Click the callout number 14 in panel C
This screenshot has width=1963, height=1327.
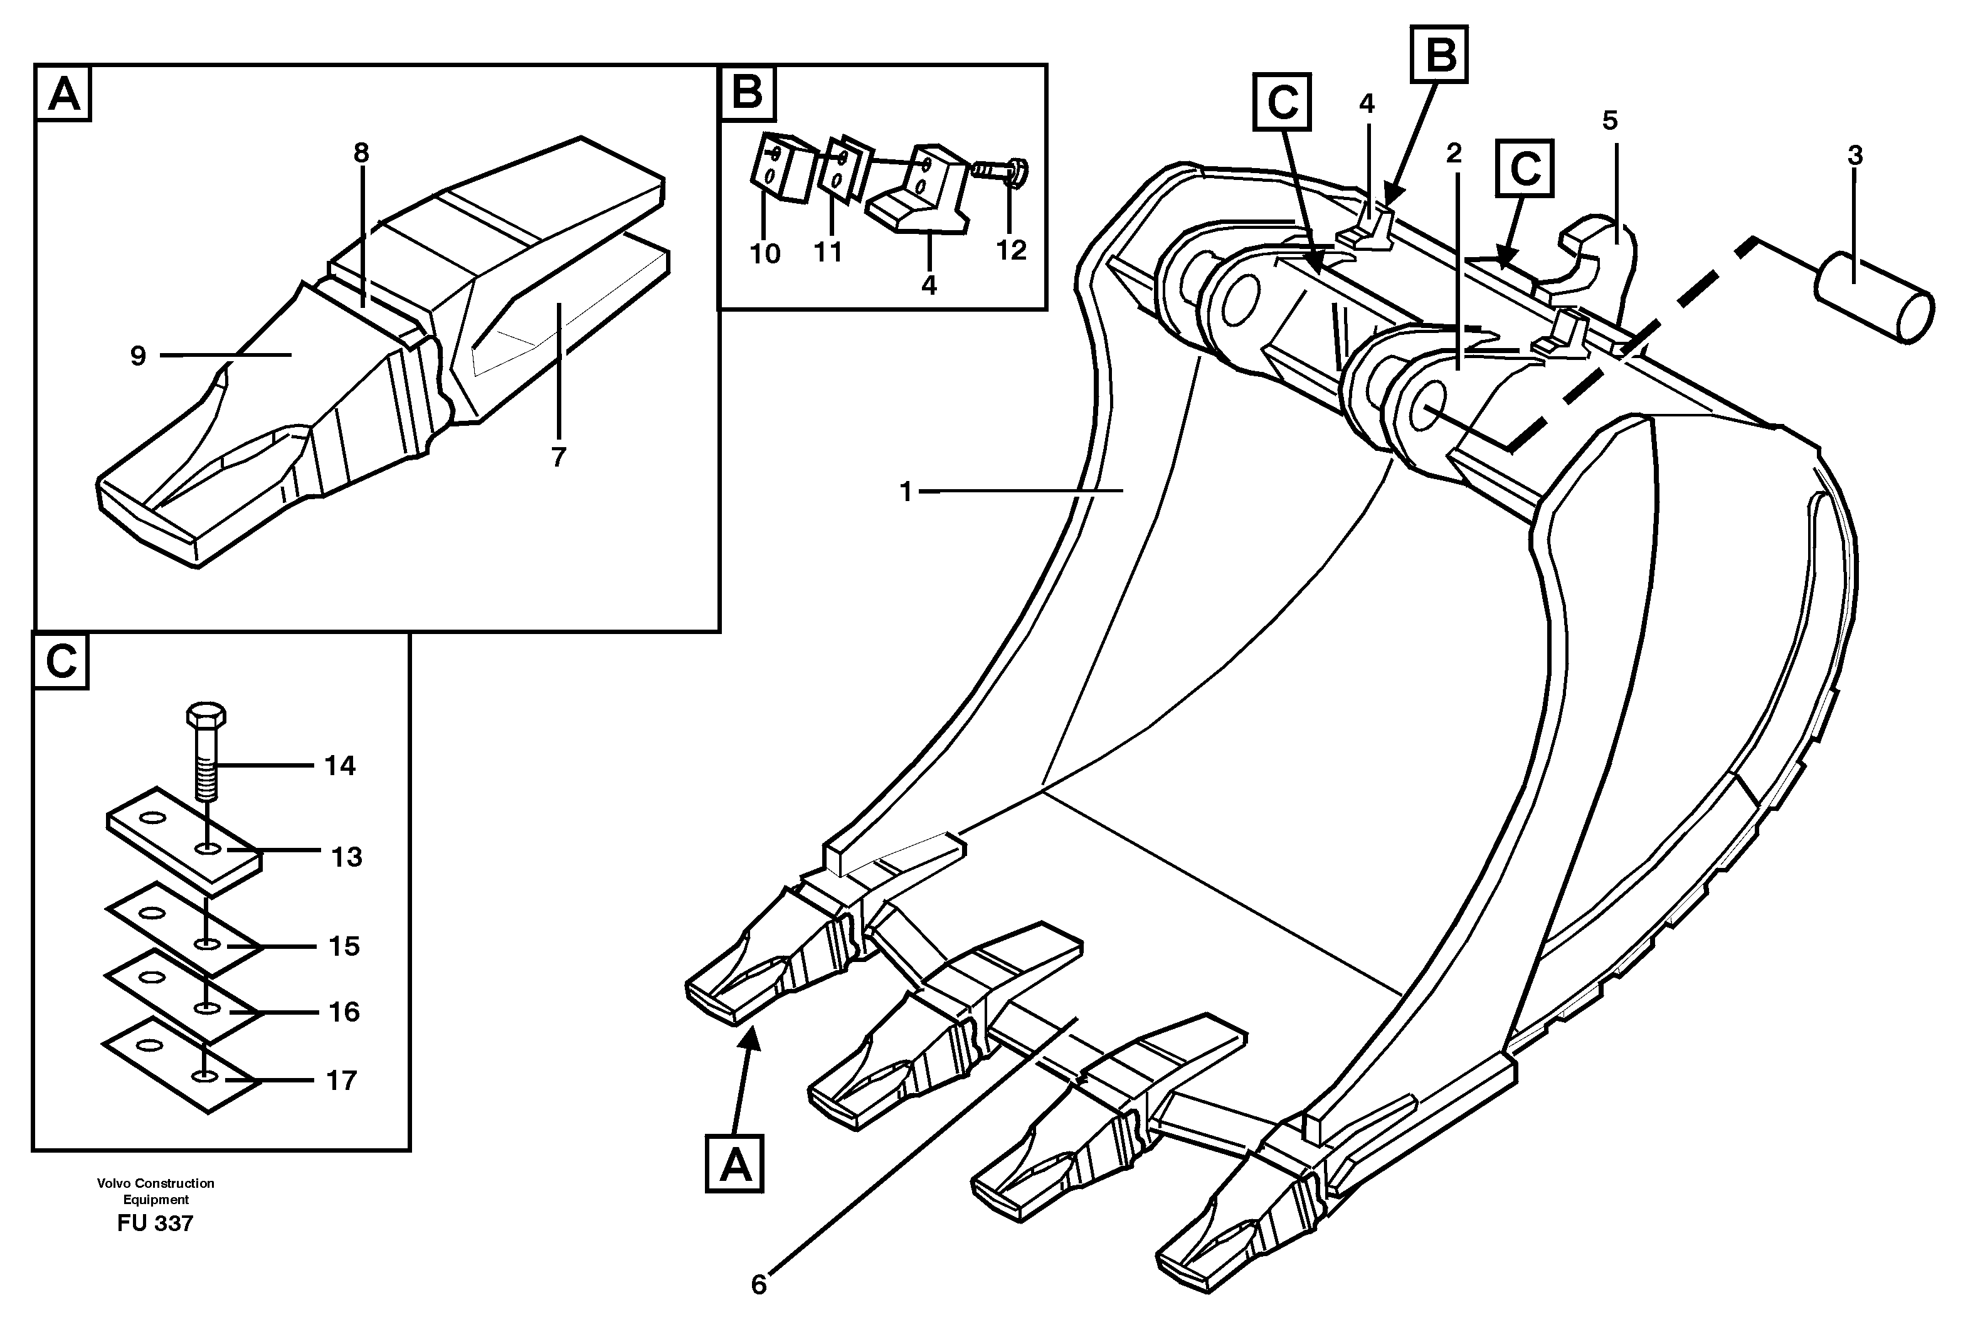[x=341, y=766]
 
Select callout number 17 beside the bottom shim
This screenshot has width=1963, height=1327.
[x=341, y=1081]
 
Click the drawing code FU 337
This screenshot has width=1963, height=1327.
[x=156, y=1223]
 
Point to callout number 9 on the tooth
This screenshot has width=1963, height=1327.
[x=139, y=356]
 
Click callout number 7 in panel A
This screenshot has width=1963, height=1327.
[x=558, y=457]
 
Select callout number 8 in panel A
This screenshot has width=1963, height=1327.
[x=361, y=154]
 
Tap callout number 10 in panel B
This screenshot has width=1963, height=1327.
[x=765, y=253]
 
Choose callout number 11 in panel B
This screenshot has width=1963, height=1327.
[x=828, y=251]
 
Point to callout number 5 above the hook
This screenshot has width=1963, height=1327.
[x=1610, y=122]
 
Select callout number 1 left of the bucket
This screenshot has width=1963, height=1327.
[x=906, y=491]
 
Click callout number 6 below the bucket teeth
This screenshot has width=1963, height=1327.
[x=758, y=1285]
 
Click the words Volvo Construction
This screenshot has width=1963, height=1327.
[x=156, y=1183]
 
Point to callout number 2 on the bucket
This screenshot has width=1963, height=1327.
[x=1453, y=154]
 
